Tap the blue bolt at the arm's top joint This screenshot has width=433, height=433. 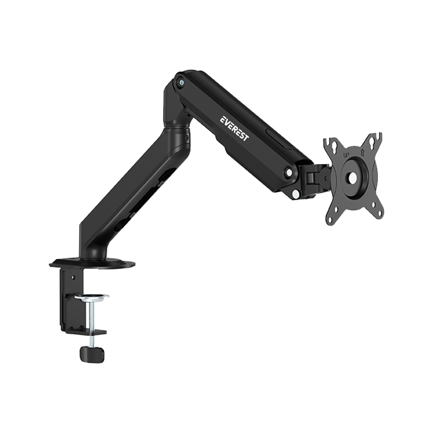pos(181,83)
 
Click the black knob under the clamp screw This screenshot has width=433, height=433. pos(92,354)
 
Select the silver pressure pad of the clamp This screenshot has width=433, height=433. pos(91,297)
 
